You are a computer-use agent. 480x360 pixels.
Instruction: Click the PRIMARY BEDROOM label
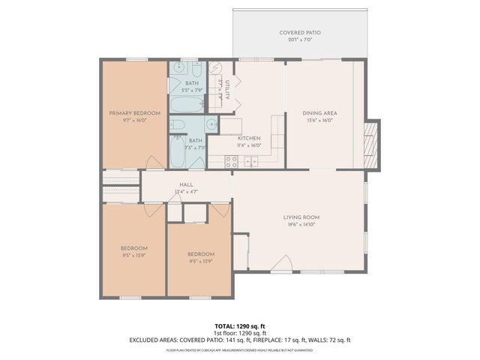pyautogui.click(x=135, y=112)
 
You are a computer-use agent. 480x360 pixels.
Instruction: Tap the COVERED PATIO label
pyautogui.click(x=300, y=33)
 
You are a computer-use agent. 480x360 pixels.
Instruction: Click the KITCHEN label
pyautogui.click(x=249, y=139)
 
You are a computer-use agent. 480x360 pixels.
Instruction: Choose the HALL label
pyautogui.click(x=187, y=184)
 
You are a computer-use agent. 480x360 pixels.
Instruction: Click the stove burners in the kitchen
pyautogui.click(x=232, y=160)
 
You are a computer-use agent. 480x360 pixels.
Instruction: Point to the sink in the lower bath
pyautogui.click(x=211, y=124)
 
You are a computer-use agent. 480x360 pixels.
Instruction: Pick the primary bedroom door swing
pyautogui.click(x=153, y=161)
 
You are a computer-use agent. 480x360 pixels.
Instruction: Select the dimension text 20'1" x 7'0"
pyautogui.click(x=300, y=40)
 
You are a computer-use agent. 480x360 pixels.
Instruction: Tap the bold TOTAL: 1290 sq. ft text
pyautogui.click(x=240, y=325)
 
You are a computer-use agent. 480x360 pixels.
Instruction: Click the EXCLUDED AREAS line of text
pyautogui.click(x=240, y=340)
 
